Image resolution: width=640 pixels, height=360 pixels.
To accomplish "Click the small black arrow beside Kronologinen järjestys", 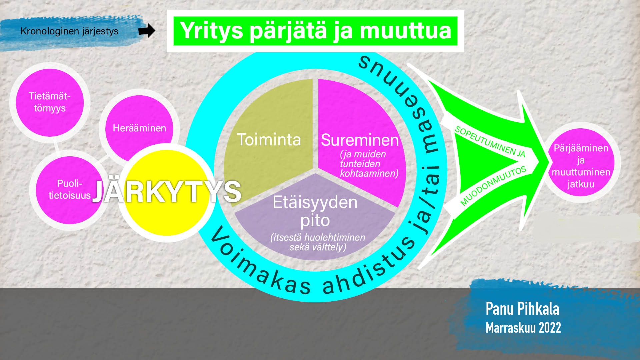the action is point(147,31).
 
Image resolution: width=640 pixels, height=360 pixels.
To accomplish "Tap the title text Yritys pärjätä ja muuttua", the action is point(315,31).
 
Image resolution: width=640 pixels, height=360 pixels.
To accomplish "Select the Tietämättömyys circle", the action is point(50,102).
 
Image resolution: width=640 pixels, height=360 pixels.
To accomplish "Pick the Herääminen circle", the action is point(139,128).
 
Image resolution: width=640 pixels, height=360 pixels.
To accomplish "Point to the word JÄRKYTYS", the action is point(166,192).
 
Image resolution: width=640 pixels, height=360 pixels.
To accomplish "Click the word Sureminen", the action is point(360,140).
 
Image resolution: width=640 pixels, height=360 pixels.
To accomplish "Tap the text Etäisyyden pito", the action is point(315,211).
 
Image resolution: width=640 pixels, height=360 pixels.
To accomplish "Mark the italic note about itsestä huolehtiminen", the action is point(318,242).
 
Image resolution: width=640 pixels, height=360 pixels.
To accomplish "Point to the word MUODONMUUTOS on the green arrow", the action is point(493,185).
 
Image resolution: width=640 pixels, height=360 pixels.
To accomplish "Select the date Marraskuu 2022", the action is point(523,327).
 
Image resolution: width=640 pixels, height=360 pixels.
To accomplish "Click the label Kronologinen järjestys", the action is point(69,31).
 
